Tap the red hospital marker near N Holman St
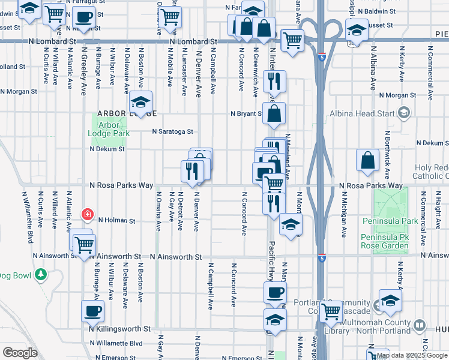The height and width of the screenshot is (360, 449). (88, 214)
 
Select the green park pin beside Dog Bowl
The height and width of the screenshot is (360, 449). (40, 275)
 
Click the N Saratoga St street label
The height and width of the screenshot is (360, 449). (172, 131)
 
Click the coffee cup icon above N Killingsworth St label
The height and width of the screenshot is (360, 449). (92, 311)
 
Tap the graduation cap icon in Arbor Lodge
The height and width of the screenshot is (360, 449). (141, 102)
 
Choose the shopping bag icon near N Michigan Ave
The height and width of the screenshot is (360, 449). (367, 160)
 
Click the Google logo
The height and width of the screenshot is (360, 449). (20, 353)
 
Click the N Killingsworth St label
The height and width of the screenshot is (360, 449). (119, 329)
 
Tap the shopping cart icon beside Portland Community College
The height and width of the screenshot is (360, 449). (331, 311)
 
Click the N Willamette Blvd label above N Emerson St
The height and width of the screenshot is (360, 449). (115, 343)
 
